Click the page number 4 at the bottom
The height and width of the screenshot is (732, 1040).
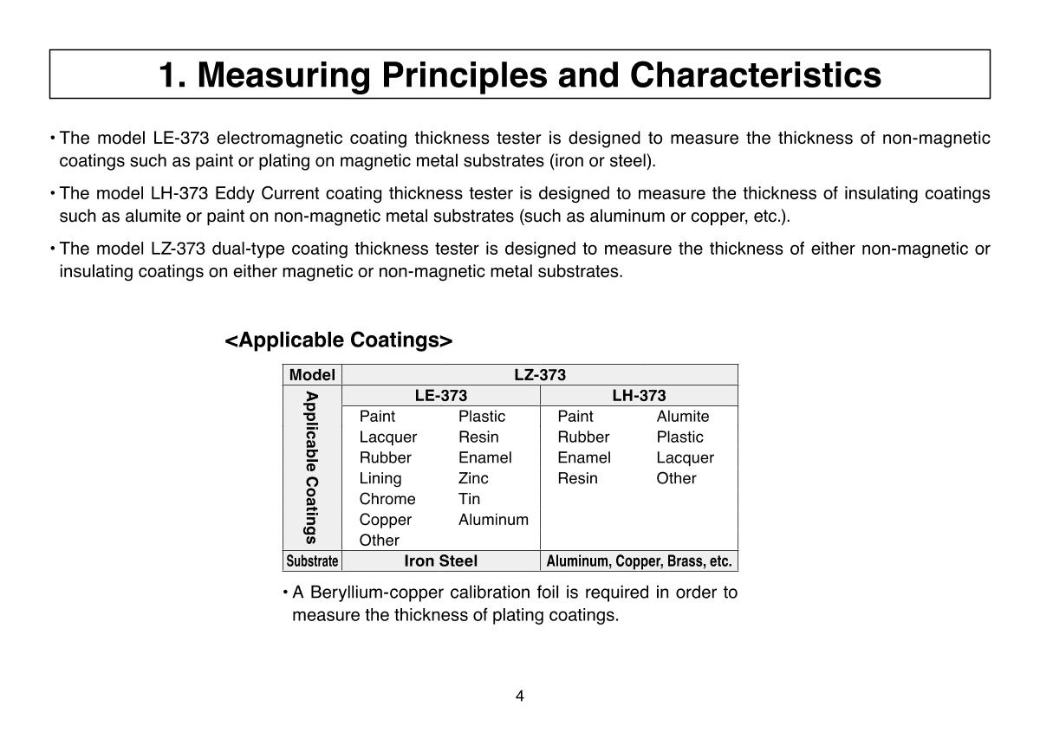tap(519, 696)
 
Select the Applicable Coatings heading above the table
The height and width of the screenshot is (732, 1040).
tap(338, 340)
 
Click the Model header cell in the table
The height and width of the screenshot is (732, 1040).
tap(312, 375)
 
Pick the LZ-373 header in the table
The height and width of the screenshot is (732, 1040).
tap(539, 375)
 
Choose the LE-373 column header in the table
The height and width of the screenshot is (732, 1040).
tap(440, 396)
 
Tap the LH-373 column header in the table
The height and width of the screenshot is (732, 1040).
tap(639, 396)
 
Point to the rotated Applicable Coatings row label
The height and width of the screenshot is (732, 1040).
tap(312, 468)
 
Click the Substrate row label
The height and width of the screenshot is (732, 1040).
tap(312, 561)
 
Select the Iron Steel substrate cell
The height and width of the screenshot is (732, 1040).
tap(440, 561)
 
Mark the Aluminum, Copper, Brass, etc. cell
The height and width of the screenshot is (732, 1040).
tap(639, 561)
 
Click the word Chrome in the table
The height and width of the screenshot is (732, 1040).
tap(387, 499)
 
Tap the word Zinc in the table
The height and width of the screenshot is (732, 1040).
tap(473, 478)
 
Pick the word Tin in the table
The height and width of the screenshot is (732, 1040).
tap(469, 499)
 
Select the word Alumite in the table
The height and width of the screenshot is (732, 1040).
tap(682, 417)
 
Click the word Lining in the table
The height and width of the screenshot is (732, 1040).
tap(380, 478)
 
